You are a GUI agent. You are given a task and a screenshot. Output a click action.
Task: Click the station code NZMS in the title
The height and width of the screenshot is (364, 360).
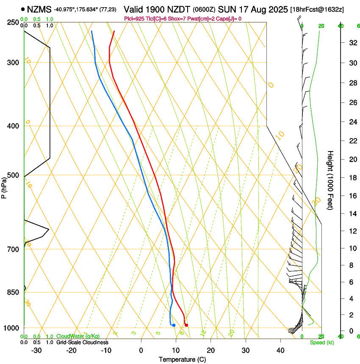(x=39, y=9)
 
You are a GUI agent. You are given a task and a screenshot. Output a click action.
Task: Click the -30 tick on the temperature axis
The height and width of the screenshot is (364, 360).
(x=36, y=350)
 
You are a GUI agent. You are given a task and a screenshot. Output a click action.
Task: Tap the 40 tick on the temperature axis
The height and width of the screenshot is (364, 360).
(x=280, y=350)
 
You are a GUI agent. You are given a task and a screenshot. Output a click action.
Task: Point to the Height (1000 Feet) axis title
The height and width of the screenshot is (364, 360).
(x=330, y=180)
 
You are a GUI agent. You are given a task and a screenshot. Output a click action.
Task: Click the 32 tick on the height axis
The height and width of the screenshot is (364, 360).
(x=351, y=43)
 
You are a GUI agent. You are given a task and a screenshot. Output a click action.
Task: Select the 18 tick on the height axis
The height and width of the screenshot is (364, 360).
(x=351, y=178)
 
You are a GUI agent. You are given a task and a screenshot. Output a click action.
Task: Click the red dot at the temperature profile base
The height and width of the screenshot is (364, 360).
(x=186, y=325)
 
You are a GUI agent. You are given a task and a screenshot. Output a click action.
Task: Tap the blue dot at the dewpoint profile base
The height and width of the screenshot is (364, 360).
(x=174, y=325)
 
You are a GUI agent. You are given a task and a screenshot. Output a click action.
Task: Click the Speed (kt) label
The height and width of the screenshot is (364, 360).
(x=321, y=342)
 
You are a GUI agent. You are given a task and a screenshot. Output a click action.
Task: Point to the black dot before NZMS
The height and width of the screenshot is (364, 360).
(x=22, y=9)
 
